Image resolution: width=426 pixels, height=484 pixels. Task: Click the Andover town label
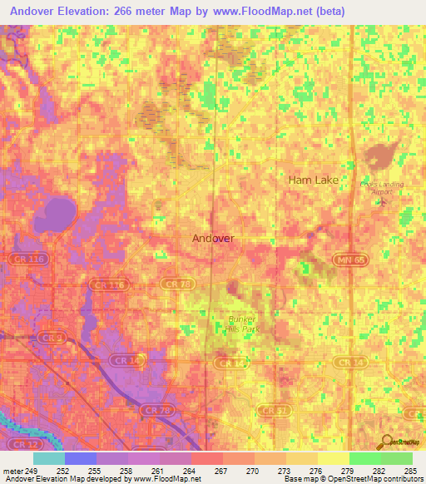213,238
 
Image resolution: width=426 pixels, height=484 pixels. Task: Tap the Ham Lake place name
313,180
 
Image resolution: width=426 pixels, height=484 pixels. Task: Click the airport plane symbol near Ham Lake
381,202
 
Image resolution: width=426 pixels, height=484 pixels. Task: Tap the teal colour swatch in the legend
48,458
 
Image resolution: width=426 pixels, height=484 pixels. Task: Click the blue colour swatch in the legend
80,458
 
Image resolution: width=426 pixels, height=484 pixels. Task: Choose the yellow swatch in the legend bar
333,458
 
